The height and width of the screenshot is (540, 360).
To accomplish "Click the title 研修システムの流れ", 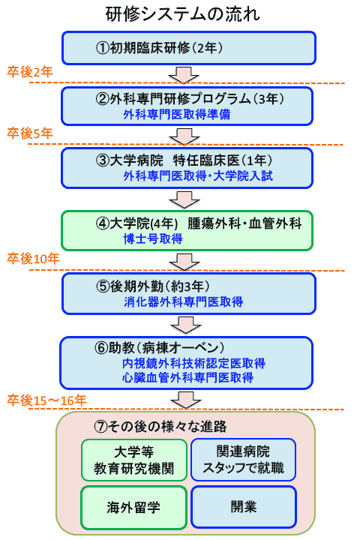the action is tap(182, 14).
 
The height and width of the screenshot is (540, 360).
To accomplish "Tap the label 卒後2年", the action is tap(30, 72).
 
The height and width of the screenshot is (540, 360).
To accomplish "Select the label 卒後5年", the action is tap(30, 133).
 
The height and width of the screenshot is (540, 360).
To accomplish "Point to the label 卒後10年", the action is tap(33, 259).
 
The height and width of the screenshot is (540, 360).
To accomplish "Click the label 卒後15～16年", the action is tap(46, 400).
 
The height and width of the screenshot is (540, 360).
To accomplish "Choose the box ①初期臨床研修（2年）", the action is tap(189, 48).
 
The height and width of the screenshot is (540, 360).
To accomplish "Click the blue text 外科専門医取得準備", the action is tap(177, 114).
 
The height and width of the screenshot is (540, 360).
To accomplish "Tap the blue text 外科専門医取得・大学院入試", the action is tap(198, 176).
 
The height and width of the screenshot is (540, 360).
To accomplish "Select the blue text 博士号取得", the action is tap(153, 238).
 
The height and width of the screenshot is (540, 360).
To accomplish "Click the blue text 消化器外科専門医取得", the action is tap(183, 302).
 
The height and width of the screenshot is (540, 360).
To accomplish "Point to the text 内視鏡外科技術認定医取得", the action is tap(193, 363).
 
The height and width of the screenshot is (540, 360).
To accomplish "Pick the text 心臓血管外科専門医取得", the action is tap(187, 378).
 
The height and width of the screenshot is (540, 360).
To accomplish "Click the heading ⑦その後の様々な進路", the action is tap(160, 427).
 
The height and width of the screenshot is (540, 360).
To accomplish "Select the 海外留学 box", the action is tap(133, 507).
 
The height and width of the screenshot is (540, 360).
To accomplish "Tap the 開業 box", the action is tap(244, 506).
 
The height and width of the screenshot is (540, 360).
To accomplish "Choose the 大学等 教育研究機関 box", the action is tap(134, 460).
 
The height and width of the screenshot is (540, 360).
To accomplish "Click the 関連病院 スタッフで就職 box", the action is tap(243, 460).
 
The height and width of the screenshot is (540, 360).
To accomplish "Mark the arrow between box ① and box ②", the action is tap(184, 75).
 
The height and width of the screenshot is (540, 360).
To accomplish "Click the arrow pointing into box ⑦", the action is tap(186, 400).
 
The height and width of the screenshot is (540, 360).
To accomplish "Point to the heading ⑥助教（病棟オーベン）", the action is tap(160, 348).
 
